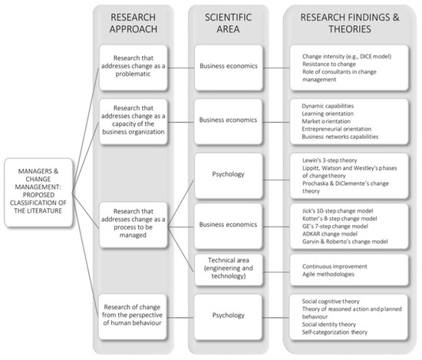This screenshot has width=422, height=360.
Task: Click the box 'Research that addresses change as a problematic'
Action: point(138,67)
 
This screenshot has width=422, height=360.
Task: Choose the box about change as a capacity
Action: point(138,120)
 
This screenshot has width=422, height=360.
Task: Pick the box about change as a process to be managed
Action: point(138,222)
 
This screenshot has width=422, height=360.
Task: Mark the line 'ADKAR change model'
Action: point(329,234)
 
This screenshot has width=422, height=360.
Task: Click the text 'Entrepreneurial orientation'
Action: point(341,128)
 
